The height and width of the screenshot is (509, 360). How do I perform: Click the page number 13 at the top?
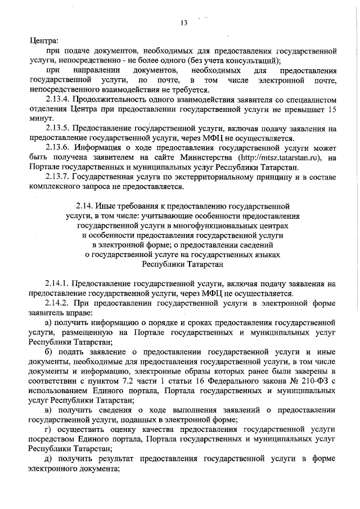[183, 22]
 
